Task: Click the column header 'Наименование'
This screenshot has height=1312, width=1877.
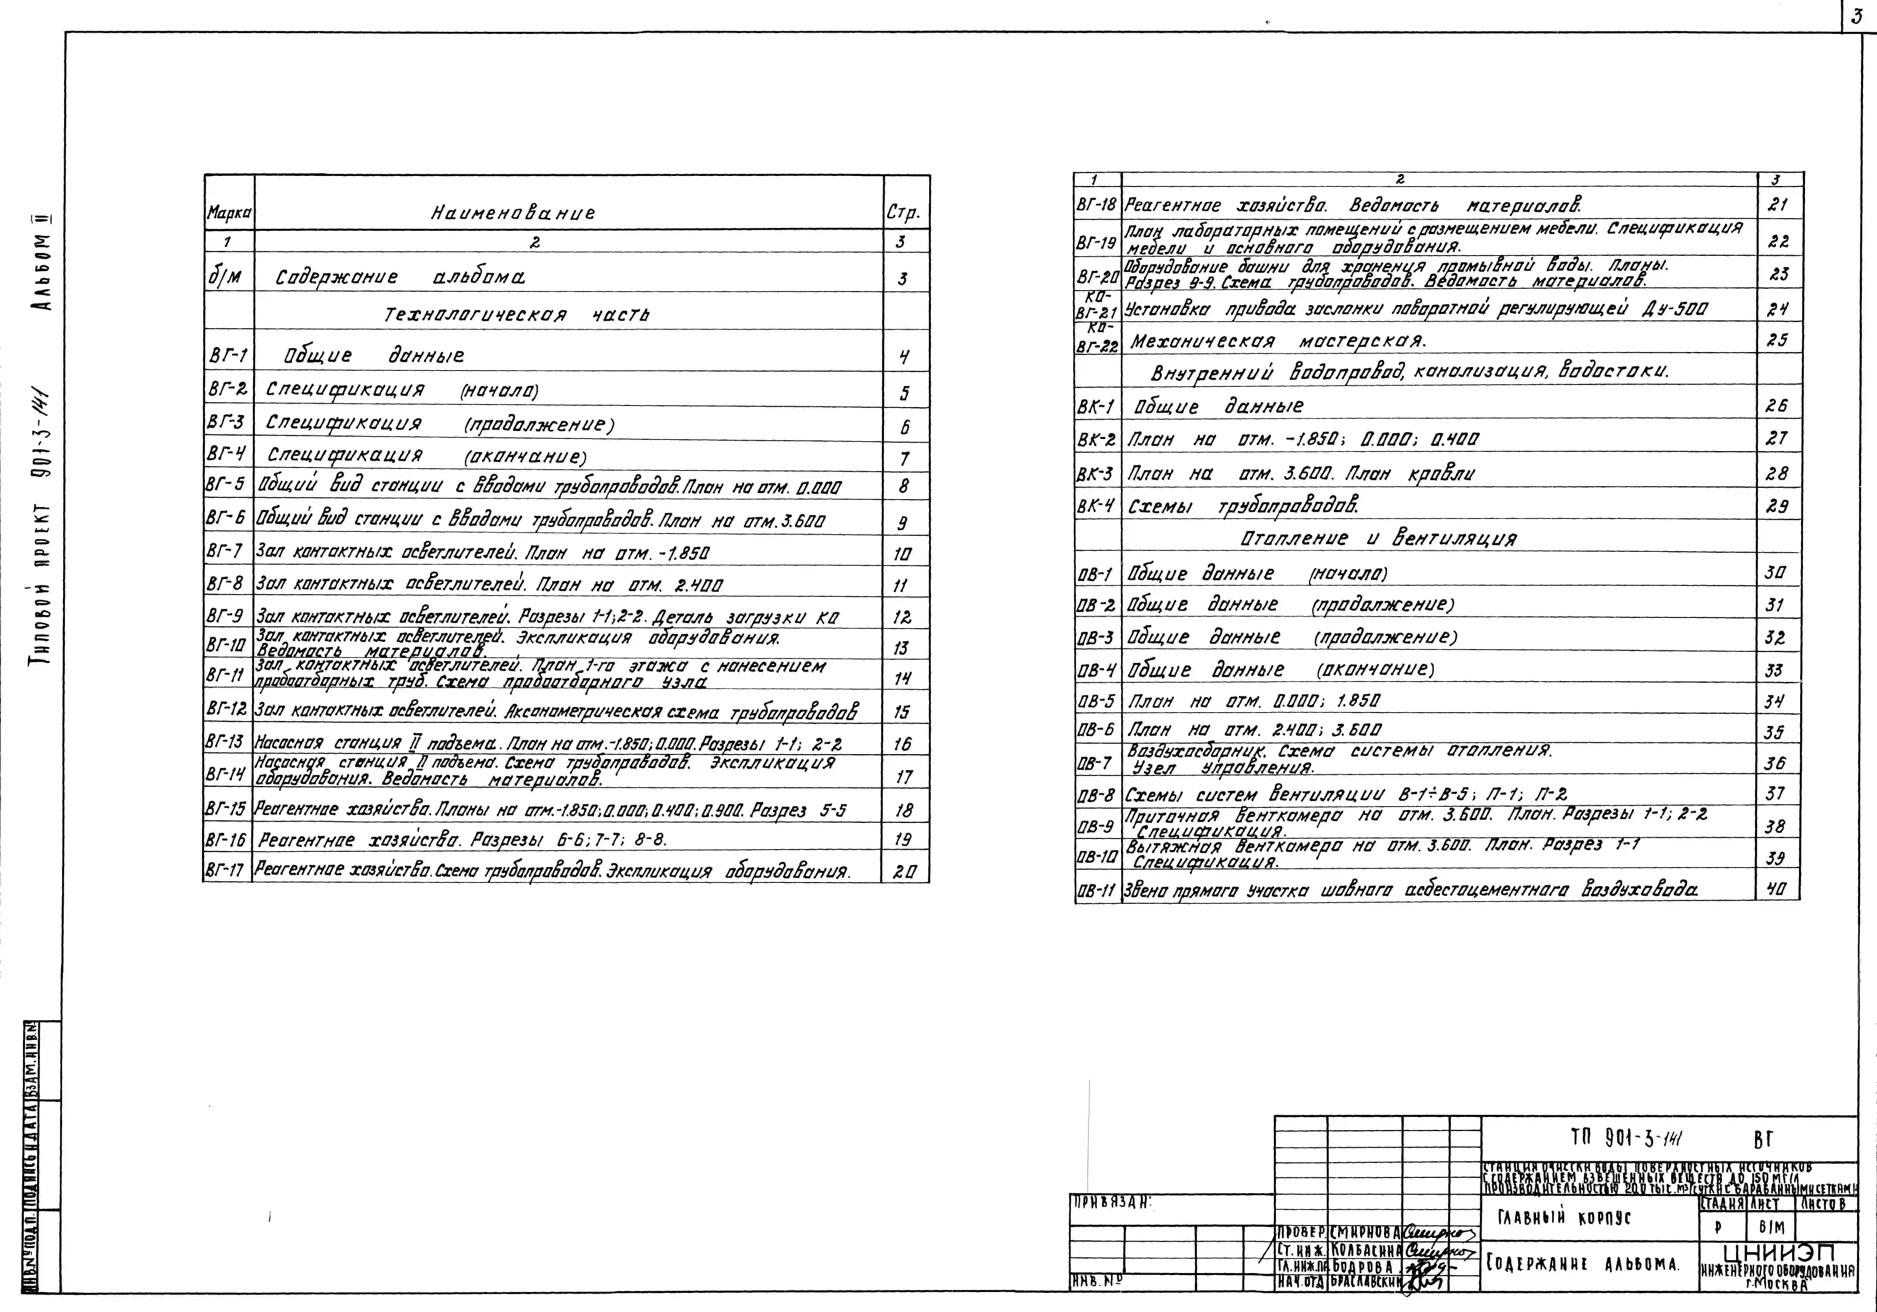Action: [x=513, y=213]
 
